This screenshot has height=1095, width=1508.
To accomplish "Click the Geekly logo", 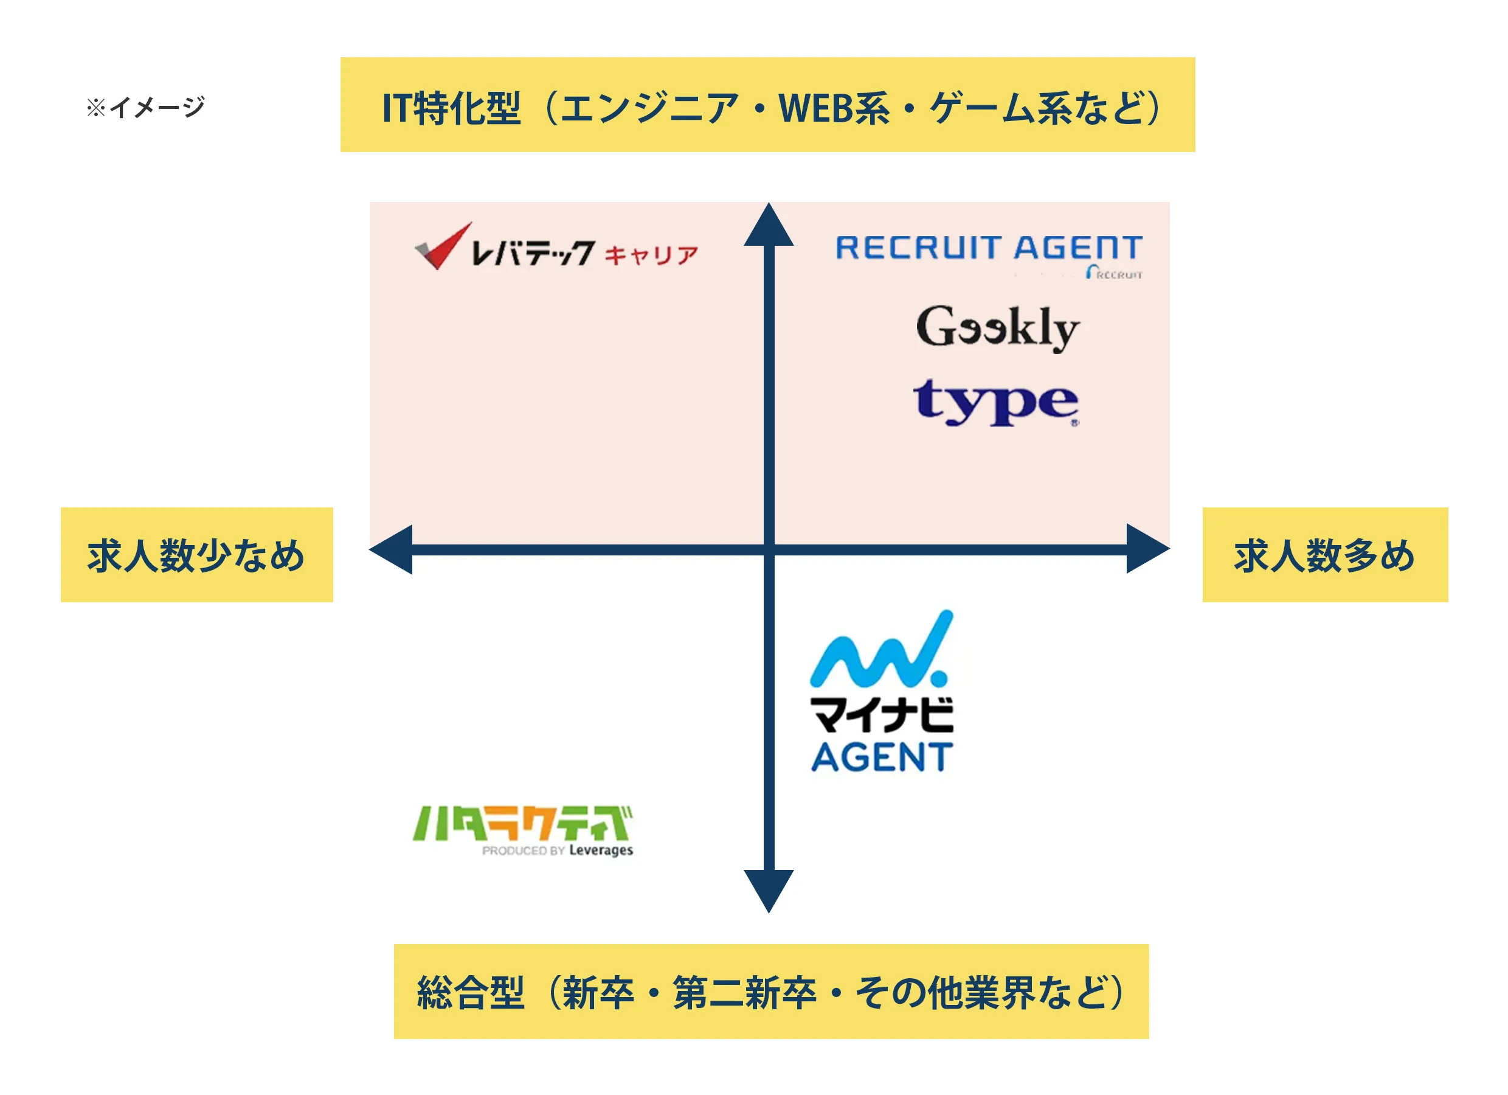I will [997, 327].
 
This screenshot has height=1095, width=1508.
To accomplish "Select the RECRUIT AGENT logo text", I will [989, 248].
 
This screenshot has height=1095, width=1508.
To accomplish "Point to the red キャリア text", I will [651, 255].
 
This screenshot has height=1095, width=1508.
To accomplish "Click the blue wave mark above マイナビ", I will [881, 652].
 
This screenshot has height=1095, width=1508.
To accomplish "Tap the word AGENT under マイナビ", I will [882, 757].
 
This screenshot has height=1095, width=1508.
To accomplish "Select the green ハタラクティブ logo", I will [522, 824].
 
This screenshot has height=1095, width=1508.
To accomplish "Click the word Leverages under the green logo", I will [601, 850].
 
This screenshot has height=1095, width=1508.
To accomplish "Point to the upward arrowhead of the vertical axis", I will [769, 226].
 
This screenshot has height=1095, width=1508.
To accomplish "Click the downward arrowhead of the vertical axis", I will [769, 890].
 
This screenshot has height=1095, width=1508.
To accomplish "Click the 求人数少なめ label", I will [196, 555].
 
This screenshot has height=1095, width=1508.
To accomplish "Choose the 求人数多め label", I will [1324, 555].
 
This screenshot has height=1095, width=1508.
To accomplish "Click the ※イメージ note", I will [145, 107].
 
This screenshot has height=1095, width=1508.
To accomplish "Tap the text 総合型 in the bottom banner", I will [471, 993].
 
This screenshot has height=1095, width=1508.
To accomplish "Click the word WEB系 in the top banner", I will [833, 108].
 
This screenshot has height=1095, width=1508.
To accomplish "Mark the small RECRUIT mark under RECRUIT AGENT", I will [1115, 273].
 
